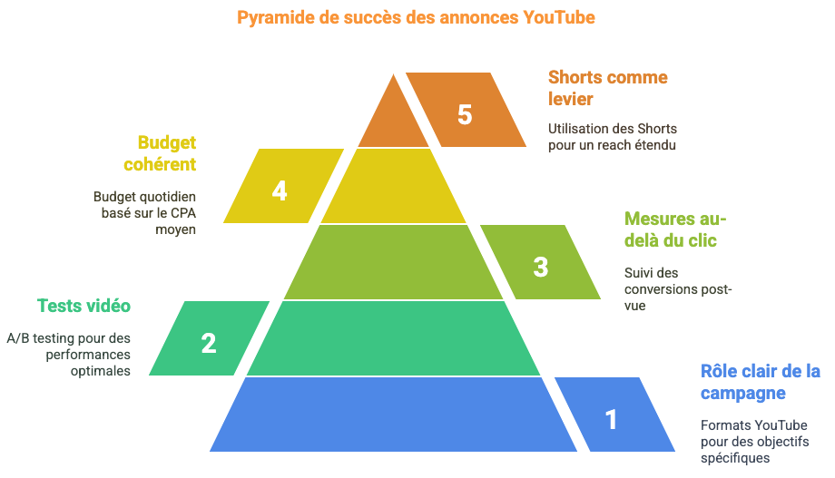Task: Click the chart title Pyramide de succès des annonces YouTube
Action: click(416, 17)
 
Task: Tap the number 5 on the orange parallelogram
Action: click(465, 115)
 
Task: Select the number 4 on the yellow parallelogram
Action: click(280, 190)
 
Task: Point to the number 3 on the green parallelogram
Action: click(541, 268)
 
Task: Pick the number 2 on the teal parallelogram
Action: click(209, 344)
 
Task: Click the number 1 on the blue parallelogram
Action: click(612, 419)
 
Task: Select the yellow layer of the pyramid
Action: click(394, 186)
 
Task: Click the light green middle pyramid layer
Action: click(394, 262)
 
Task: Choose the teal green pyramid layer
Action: click(394, 338)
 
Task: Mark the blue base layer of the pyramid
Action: click(394, 415)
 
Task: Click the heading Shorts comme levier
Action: click(607, 88)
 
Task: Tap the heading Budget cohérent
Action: click(160, 153)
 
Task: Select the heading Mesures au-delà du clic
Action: click(675, 229)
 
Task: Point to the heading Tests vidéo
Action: click(83, 306)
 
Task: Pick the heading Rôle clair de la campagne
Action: click(760, 382)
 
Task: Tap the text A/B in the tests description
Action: click(17, 338)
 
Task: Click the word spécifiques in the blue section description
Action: click(735, 458)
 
